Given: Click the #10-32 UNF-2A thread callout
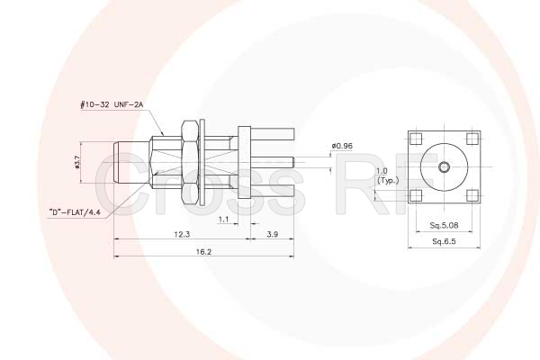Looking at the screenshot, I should pos(112,105).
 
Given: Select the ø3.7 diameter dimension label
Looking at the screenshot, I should pos(79,163).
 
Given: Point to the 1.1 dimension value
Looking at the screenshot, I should pos(222,219).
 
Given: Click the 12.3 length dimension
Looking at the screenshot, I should pos(181,234).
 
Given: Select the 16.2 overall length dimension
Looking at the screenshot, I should pos(202,252).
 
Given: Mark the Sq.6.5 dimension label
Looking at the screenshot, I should pos(444,242).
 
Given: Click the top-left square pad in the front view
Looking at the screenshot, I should pos(416,139).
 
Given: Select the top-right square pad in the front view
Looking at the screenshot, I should pos(472,139).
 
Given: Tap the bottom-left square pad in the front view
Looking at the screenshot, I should pos(416,195).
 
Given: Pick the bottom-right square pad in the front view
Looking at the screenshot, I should pos(472,195).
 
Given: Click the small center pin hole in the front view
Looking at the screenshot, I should pos(444,167).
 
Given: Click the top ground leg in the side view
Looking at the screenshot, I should pos(270,135).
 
